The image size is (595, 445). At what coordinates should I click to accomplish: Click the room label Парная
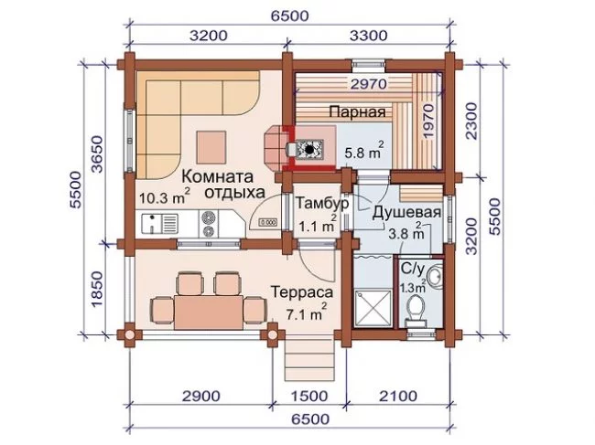click(357, 112)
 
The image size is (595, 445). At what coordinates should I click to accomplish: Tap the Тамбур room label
click(322, 204)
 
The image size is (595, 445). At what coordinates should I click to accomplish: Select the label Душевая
click(406, 213)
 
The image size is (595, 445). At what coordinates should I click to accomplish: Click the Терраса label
click(302, 291)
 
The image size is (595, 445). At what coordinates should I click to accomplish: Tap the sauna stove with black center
click(309, 149)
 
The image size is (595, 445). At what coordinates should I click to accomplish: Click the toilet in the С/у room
click(417, 309)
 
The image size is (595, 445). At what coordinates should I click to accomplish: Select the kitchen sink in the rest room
click(160, 224)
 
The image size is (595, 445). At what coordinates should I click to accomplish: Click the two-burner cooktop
click(209, 224)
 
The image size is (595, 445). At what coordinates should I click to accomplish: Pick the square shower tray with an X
click(373, 308)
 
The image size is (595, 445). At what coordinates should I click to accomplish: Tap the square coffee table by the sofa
click(211, 147)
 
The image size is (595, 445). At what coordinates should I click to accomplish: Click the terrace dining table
click(209, 313)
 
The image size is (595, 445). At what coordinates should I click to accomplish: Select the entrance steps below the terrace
click(310, 360)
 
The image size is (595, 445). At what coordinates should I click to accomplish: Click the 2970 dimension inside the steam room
click(369, 84)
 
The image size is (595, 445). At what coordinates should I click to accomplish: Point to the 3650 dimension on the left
click(98, 154)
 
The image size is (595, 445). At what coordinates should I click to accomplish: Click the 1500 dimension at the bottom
click(308, 397)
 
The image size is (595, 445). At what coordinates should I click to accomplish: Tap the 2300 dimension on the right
click(471, 121)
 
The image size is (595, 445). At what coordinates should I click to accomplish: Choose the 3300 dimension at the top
click(369, 36)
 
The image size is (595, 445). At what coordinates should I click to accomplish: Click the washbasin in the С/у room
click(435, 274)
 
